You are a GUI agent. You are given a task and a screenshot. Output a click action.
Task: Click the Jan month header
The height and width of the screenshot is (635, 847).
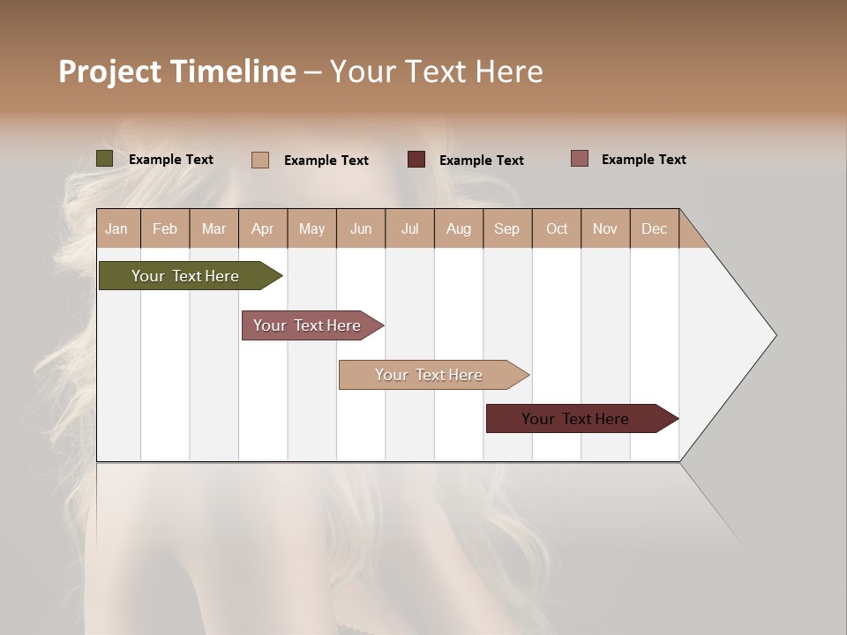tap(116, 228)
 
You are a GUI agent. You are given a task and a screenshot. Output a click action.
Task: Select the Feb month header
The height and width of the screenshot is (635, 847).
tap(165, 228)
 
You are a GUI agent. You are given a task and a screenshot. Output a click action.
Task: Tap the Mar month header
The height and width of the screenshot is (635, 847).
tap(214, 228)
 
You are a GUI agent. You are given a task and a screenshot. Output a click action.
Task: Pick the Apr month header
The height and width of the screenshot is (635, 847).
tap(262, 228)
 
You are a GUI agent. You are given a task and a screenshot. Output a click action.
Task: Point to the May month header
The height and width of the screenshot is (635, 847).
tap(311, 228)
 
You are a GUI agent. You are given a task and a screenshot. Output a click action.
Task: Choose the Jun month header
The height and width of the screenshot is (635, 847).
tap(361, 228)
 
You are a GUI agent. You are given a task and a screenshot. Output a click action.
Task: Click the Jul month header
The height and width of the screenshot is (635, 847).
tap(409, 228)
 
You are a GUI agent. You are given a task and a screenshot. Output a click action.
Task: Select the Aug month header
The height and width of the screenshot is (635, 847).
tap(459, 228)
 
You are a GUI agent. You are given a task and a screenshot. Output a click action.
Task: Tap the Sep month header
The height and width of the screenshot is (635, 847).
tap(506, 228)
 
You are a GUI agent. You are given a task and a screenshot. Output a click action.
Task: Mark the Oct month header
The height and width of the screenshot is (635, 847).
tap(557, 228)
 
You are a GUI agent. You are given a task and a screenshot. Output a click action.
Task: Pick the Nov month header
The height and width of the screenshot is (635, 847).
tap(605, 228)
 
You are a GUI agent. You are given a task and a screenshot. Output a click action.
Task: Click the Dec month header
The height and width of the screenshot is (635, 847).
tap(654, 228)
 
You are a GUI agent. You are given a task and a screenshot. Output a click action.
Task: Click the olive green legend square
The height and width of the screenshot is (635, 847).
tap(104, 159)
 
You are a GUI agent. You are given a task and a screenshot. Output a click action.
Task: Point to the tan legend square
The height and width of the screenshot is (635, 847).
tap(260, 160)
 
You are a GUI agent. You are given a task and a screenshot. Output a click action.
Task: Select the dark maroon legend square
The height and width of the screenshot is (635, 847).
tap(416, 159)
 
